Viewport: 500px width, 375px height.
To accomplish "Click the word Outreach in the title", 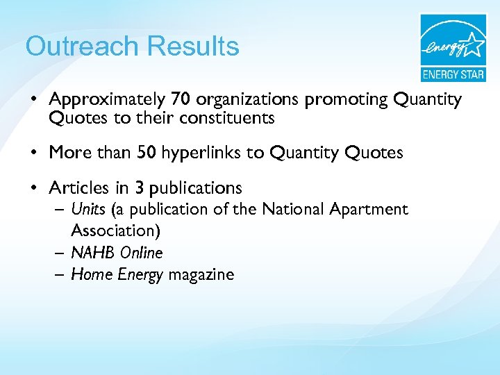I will (x=81, y=47).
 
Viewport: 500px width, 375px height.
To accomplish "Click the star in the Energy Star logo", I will (x=474, y=44).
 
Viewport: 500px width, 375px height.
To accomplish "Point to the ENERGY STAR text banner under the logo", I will (x=453, y=74).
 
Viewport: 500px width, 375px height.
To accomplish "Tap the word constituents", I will (x=226, y=118).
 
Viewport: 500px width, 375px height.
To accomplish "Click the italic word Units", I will (x=87, y=209).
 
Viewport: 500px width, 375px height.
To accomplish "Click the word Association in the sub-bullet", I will (x=111, y=229).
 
